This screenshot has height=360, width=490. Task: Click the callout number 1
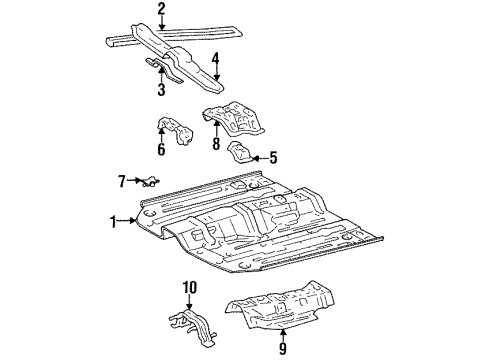[114, 220]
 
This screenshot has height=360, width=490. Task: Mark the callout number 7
[121, 180]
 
